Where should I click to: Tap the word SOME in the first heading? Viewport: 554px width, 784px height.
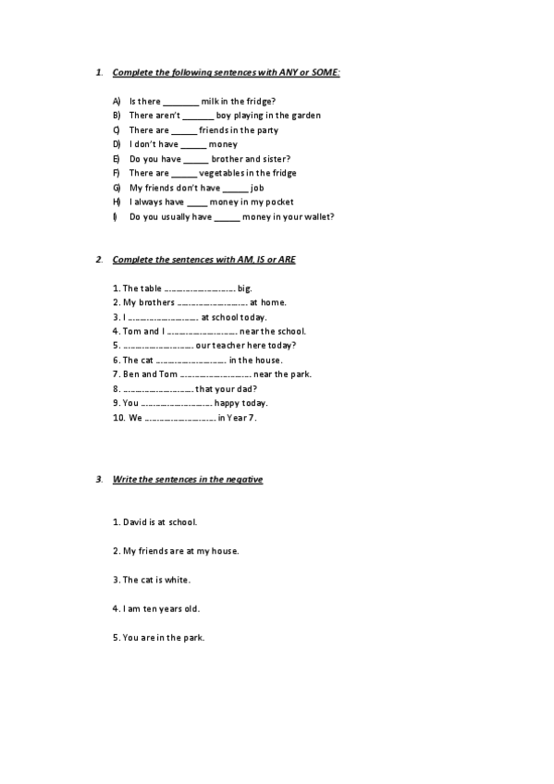pos(326,71)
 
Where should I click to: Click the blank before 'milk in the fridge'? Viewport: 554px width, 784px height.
pos(180,101)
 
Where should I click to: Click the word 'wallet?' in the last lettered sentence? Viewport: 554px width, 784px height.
pos(317,216)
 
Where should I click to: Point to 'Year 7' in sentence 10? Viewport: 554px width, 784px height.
pos(241,418)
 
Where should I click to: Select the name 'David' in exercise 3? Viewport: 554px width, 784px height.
pos(135,521)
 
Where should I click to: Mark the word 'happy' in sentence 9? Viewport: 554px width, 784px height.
pos(228,403)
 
